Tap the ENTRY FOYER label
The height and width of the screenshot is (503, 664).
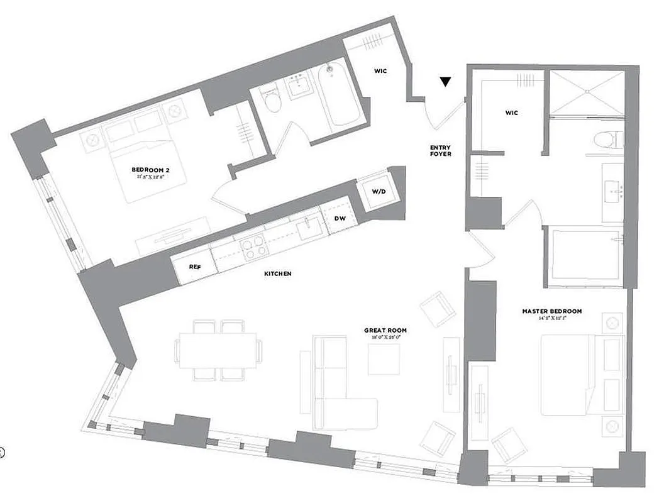click(440, 151)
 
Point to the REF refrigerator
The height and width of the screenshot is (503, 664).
click(194, 266)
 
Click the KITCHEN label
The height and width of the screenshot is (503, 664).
click(277, 274)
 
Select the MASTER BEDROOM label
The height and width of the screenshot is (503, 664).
click(551, 311)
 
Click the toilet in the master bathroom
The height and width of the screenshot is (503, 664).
click(608, 139)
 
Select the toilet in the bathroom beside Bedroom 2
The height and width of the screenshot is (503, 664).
click(272, 101)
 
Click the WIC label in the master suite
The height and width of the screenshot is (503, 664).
click(511, 113)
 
